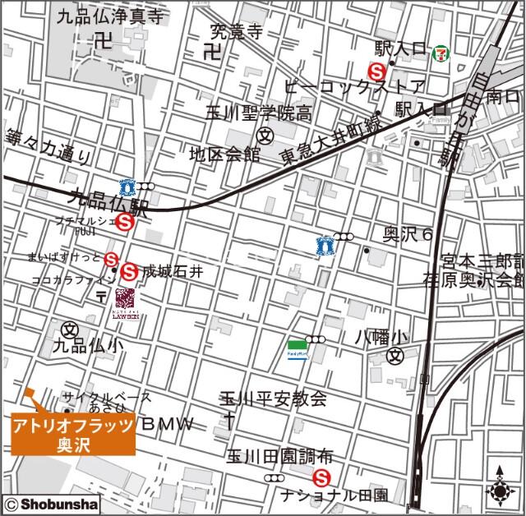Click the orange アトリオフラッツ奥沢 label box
click(x=73, y=434)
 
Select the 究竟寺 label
click(x=235, y=32)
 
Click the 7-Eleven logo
click(x=441, y=54)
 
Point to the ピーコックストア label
click(x=354, y=86)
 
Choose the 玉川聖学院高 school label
click(x=258, y=113)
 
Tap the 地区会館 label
click(x=224, y=154)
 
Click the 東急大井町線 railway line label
click(x=330, y=140)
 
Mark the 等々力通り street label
click(x=48, y=147)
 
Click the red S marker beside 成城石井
click(x=129, y=270)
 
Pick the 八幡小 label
click(x=381, y=337)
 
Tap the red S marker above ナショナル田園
click(x=321, y=477)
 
